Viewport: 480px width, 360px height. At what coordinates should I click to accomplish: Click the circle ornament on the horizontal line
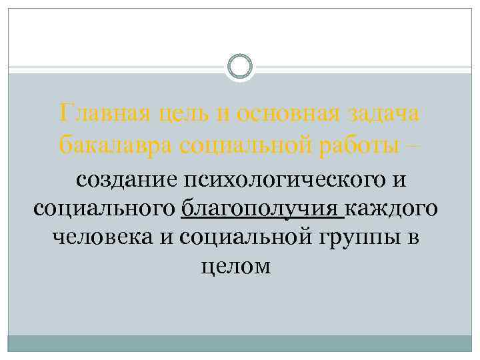click(240, 67)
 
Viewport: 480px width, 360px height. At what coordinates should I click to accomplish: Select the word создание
click(127, 179)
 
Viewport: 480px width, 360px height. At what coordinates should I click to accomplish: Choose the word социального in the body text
click(104, 209)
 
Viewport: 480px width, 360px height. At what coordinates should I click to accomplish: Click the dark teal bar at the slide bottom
click(240, 343)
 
